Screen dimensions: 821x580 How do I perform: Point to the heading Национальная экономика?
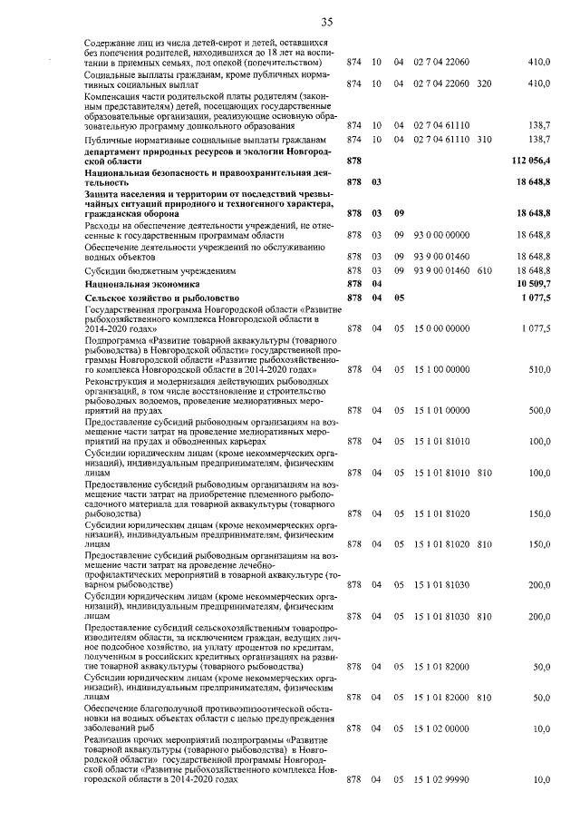click(x=134, y=284)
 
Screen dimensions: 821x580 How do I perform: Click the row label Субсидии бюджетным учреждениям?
click(x=160, y=270)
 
